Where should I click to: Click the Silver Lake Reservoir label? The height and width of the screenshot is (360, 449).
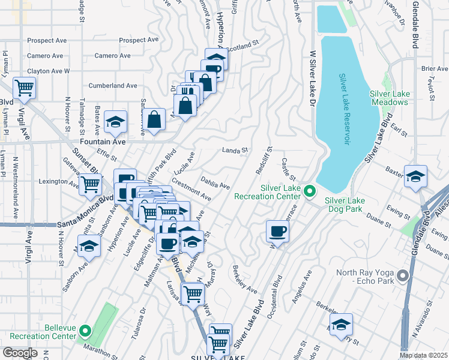pos(344,109)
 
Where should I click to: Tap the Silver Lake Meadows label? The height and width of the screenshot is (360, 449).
pos(388,98)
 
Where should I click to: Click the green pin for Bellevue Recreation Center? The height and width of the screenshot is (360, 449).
pos(85,331)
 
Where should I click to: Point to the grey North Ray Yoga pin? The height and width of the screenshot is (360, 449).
pos(402,275)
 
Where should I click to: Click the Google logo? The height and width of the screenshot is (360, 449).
pos(20,353)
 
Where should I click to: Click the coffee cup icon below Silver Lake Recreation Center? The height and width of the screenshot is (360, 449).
pos(278,231)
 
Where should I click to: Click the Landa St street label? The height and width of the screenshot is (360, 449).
pos(235,151)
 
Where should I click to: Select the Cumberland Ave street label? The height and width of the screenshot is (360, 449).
pos(113,86)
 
